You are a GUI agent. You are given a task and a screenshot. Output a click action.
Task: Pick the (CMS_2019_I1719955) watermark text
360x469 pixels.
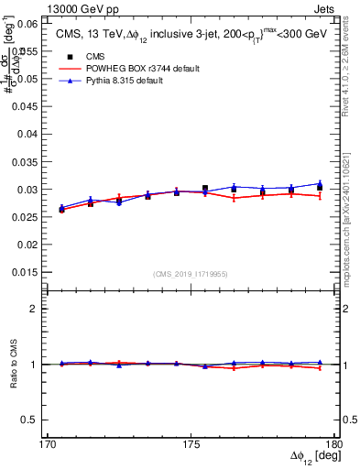[191, 274]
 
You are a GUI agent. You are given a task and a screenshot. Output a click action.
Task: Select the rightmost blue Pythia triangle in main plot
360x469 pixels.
[319, 183]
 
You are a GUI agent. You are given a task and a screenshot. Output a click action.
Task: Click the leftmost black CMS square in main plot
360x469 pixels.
[61, 210]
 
